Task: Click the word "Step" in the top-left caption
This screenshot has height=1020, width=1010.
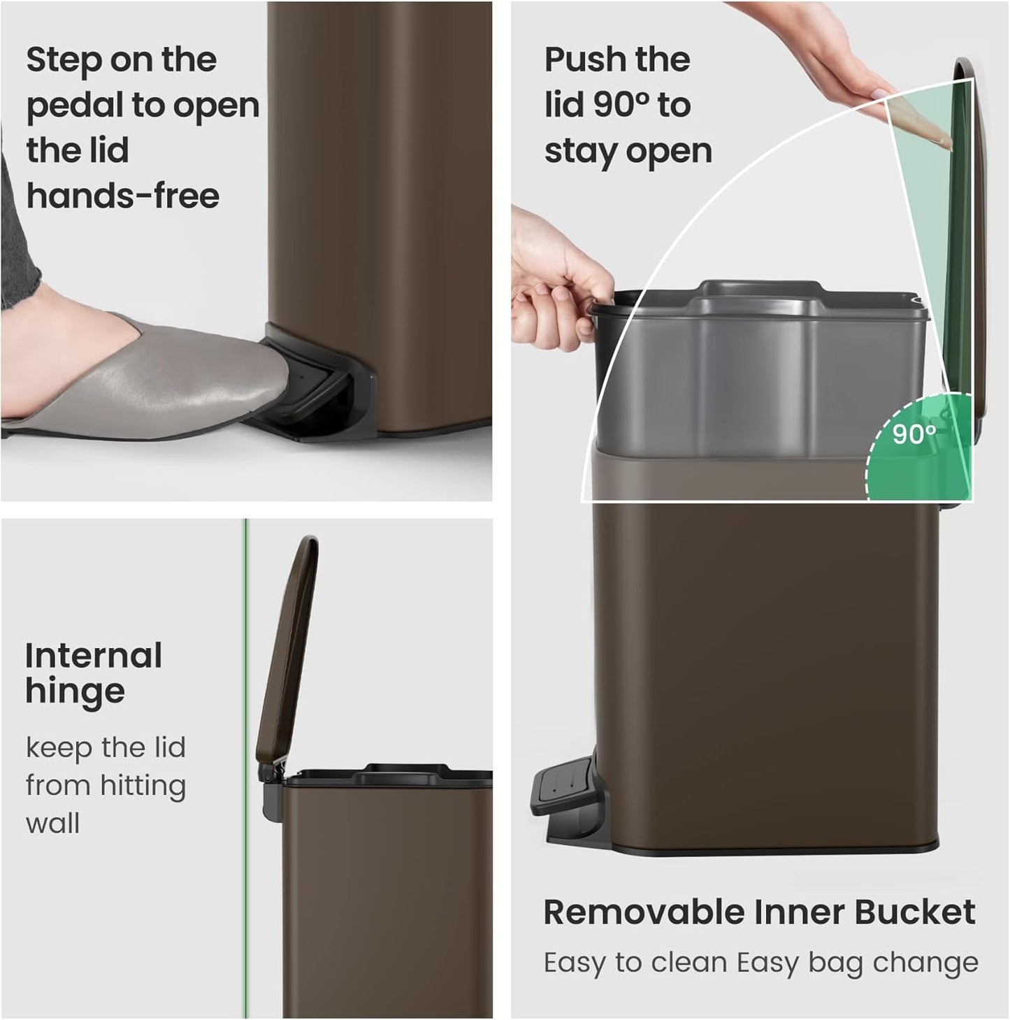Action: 62,60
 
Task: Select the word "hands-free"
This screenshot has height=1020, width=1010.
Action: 123,196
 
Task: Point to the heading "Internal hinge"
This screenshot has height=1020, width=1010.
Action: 94,673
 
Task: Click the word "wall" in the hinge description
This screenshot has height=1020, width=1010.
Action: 53,823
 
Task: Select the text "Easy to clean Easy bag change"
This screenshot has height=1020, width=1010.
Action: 760,963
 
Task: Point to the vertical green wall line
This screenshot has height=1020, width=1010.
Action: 245,769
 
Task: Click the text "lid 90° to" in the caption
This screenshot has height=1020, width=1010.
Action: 617,106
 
